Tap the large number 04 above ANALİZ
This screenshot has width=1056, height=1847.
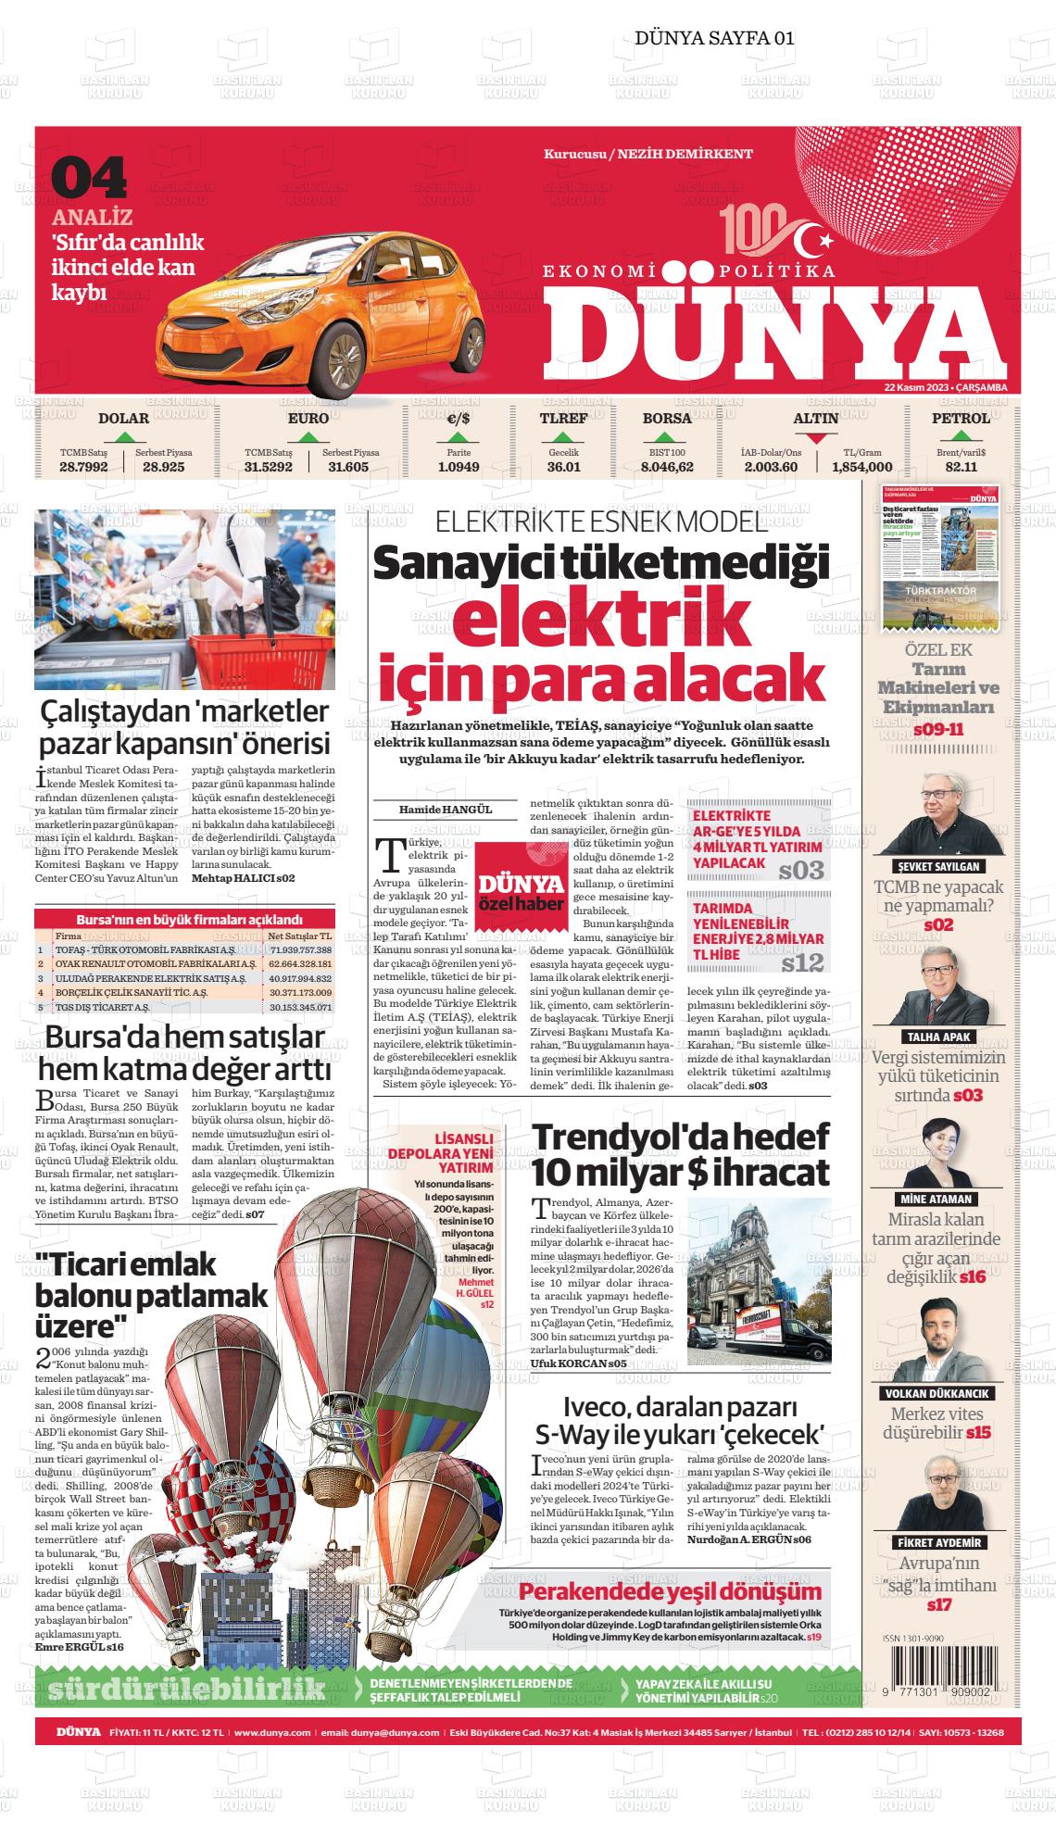[x=89, y=179]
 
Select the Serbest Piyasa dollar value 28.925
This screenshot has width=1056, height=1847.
[x=164, y=467]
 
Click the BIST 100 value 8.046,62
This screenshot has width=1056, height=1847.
[x=667, y=467]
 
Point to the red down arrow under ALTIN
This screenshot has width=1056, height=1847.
[x=815, y=438]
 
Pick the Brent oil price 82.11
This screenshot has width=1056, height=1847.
[x=962, y=467]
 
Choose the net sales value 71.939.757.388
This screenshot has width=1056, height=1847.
[x=299, y=950]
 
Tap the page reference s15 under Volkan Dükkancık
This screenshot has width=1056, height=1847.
[x=978, y=1433]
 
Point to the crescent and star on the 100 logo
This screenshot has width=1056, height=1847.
[x=814, y=236]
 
